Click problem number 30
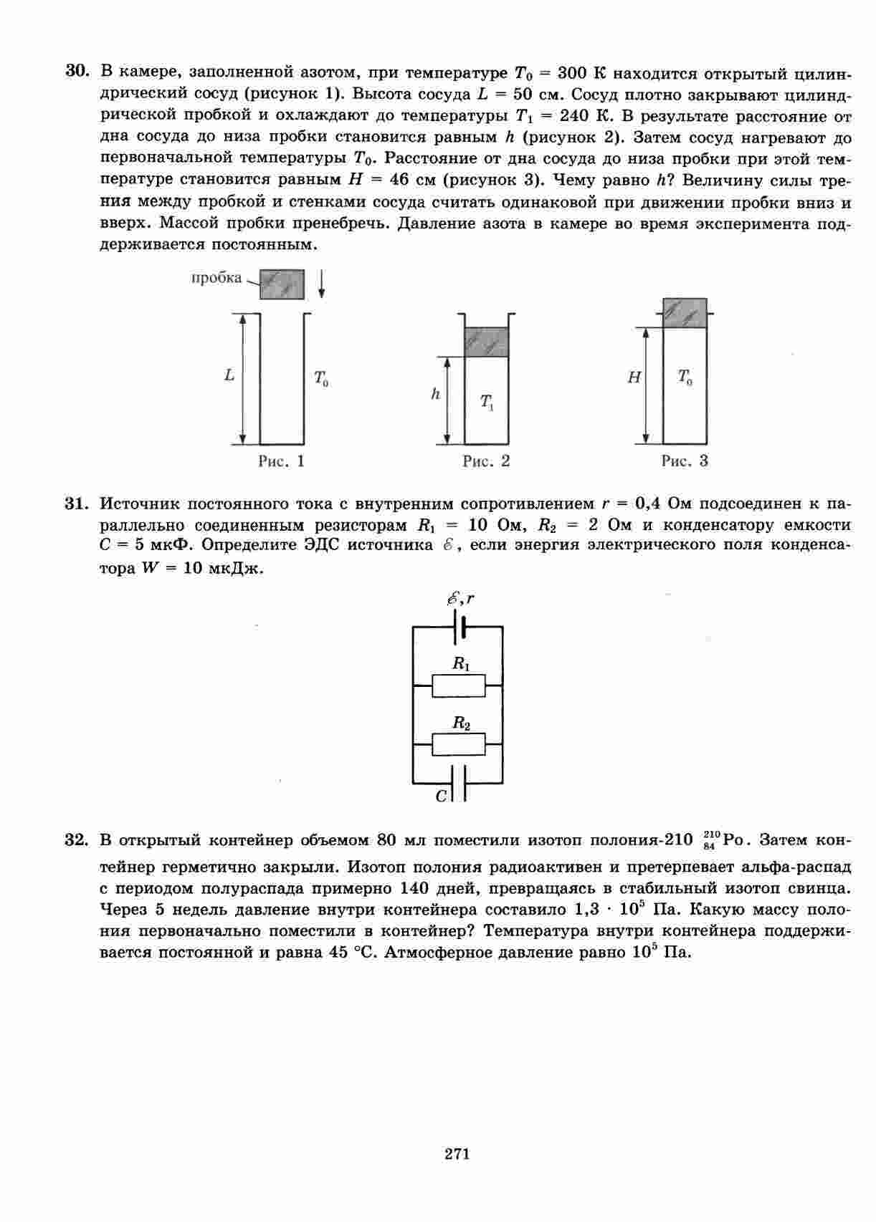77,72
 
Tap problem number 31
77,504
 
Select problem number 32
77,840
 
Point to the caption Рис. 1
281,461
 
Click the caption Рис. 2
486,461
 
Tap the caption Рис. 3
685,461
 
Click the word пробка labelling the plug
216,278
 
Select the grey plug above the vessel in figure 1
282,284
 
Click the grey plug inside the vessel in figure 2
486,342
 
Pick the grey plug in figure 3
685,313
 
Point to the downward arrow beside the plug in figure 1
322,284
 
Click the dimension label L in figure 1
229,375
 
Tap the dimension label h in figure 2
435,394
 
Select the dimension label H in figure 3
634,377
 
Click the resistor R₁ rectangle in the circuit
459,686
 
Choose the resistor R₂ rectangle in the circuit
459,745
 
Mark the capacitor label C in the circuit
442,796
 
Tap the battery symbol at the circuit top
460,627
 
